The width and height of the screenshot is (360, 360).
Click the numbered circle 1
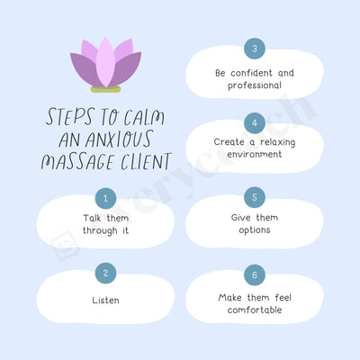105,197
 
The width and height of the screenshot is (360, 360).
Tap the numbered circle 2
105,273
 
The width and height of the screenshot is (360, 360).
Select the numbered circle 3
255,49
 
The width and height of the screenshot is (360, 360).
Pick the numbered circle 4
255,122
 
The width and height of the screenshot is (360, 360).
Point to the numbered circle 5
255,197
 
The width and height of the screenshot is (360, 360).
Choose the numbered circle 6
255,274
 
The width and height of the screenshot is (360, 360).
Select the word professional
255,85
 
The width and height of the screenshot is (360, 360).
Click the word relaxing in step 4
274,141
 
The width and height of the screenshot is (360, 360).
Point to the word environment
255,155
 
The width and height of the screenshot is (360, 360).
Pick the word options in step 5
255,229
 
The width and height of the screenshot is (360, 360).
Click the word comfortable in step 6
255,310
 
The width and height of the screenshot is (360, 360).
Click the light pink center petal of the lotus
106,64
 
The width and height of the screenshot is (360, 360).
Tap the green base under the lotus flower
106,90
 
